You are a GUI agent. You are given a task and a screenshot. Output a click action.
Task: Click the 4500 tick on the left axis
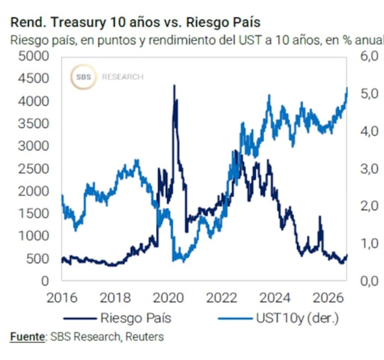(x=34, y=78)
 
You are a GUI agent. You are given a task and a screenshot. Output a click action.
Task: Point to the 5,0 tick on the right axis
(x=370, y=94)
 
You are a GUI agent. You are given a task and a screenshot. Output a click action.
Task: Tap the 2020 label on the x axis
(x=168, y=298)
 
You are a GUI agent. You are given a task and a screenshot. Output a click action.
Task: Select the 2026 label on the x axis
(x=328, y=298)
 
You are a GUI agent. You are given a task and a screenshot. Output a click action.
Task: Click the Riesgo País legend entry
(x=118, y=318)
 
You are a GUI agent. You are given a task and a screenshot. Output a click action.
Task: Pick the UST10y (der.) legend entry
(x=278, y=318)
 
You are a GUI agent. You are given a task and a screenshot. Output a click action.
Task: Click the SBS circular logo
(x=84, y=77)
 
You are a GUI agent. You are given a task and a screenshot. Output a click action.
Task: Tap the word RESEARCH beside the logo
(x=123, y=77)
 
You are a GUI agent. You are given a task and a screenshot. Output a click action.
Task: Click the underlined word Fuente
(x=27, y=337)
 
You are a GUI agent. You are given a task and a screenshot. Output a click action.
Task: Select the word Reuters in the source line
(x=144, y=337)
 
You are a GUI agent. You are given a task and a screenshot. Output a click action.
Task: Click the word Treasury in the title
(x=78, y=23)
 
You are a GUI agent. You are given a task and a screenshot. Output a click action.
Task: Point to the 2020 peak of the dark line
(x=174, y=85)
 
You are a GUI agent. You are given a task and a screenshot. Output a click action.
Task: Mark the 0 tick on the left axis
(x=45, y=281)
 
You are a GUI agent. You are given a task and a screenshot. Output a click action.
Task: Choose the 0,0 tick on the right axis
(x=370, y=281)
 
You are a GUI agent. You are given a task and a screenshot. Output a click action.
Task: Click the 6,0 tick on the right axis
(x=370, y=56)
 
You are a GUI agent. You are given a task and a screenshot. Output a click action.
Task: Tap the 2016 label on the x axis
(x=62, y=298)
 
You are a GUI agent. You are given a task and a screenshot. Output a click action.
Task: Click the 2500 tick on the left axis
(x=34, y=169)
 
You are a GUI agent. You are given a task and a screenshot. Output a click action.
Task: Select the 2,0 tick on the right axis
(x=370, y=206)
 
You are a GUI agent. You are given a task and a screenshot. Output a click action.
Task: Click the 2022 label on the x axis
(x=222, y=298)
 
